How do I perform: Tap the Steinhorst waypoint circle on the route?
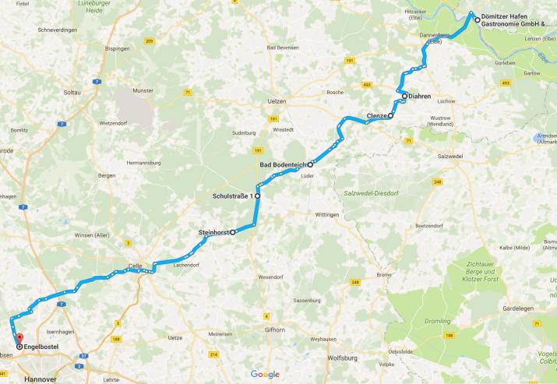click(x=232, y=232)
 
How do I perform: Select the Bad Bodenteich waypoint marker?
click(x=310, y=165)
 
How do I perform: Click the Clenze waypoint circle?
click(x=390, y=116)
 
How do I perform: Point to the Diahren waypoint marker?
click(x=404, y=96)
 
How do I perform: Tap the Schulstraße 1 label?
click(x=233, y=196)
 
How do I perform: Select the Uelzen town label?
click(x=277, y=101)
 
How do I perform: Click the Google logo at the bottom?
click(x=265, y=374)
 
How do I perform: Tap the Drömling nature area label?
click(x=438, y=321)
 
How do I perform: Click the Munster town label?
click(x=144, y=90)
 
